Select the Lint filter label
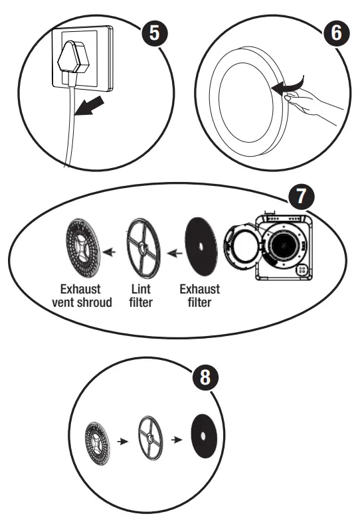pos(140,297)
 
